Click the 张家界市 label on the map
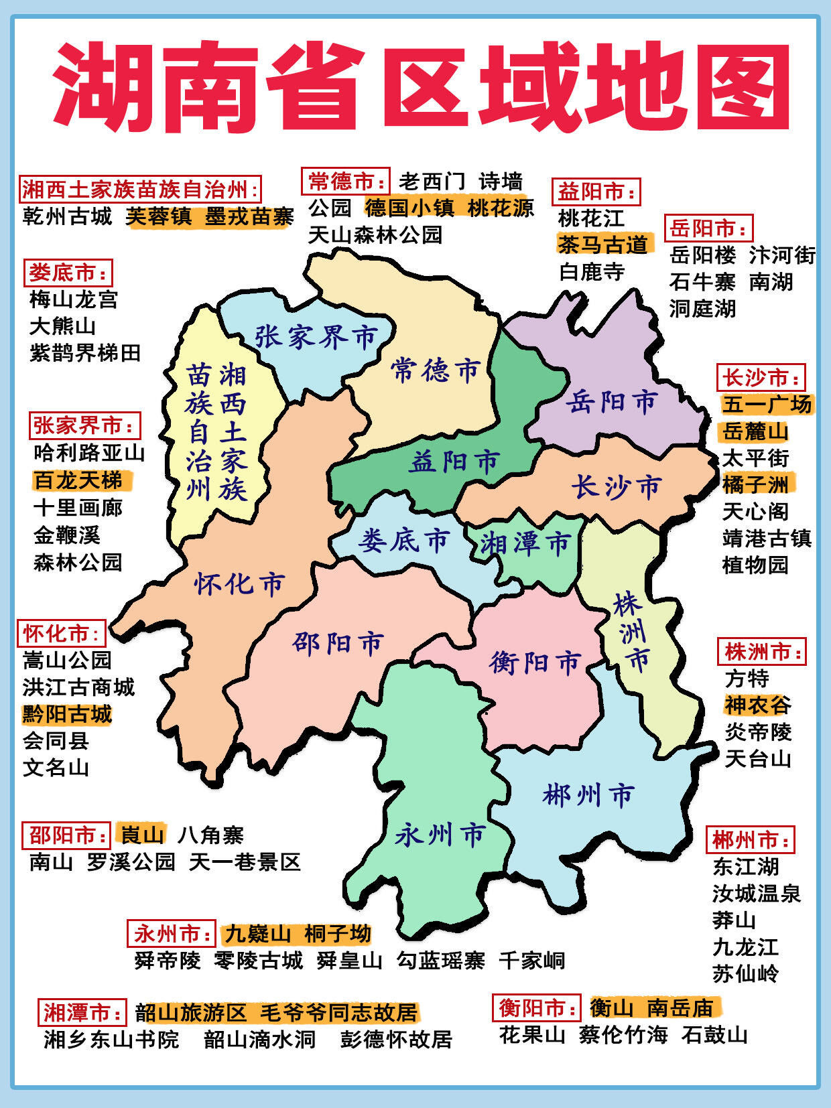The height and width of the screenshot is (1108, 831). click(316, 336)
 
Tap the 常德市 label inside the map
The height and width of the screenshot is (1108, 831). click(436, 370)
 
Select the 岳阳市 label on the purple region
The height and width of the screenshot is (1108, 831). click(612, 402)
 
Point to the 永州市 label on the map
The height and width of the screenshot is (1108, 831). click(440, 835)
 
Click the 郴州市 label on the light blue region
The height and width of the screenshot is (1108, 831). click(588, 795)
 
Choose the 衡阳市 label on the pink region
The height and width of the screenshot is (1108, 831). click(535, 663)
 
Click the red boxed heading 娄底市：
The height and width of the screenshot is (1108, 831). click(68, 273)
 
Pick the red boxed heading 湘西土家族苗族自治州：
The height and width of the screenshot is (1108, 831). click(140, 190)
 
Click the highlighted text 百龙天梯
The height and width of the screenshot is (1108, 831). click(78, 480)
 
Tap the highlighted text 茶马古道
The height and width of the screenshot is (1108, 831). click(603, 245)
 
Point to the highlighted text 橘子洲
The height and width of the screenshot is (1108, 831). click(755, 484)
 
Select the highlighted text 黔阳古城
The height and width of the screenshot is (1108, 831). click(67, 714)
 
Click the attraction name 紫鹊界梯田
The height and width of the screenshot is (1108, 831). click(85, 352)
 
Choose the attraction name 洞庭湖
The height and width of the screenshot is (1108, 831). click(702, 308)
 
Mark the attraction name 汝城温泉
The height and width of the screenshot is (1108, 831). click(757, 893)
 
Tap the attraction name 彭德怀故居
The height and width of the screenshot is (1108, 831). click(396, 1039)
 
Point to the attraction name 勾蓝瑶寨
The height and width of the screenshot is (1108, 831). click(440, 960)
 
